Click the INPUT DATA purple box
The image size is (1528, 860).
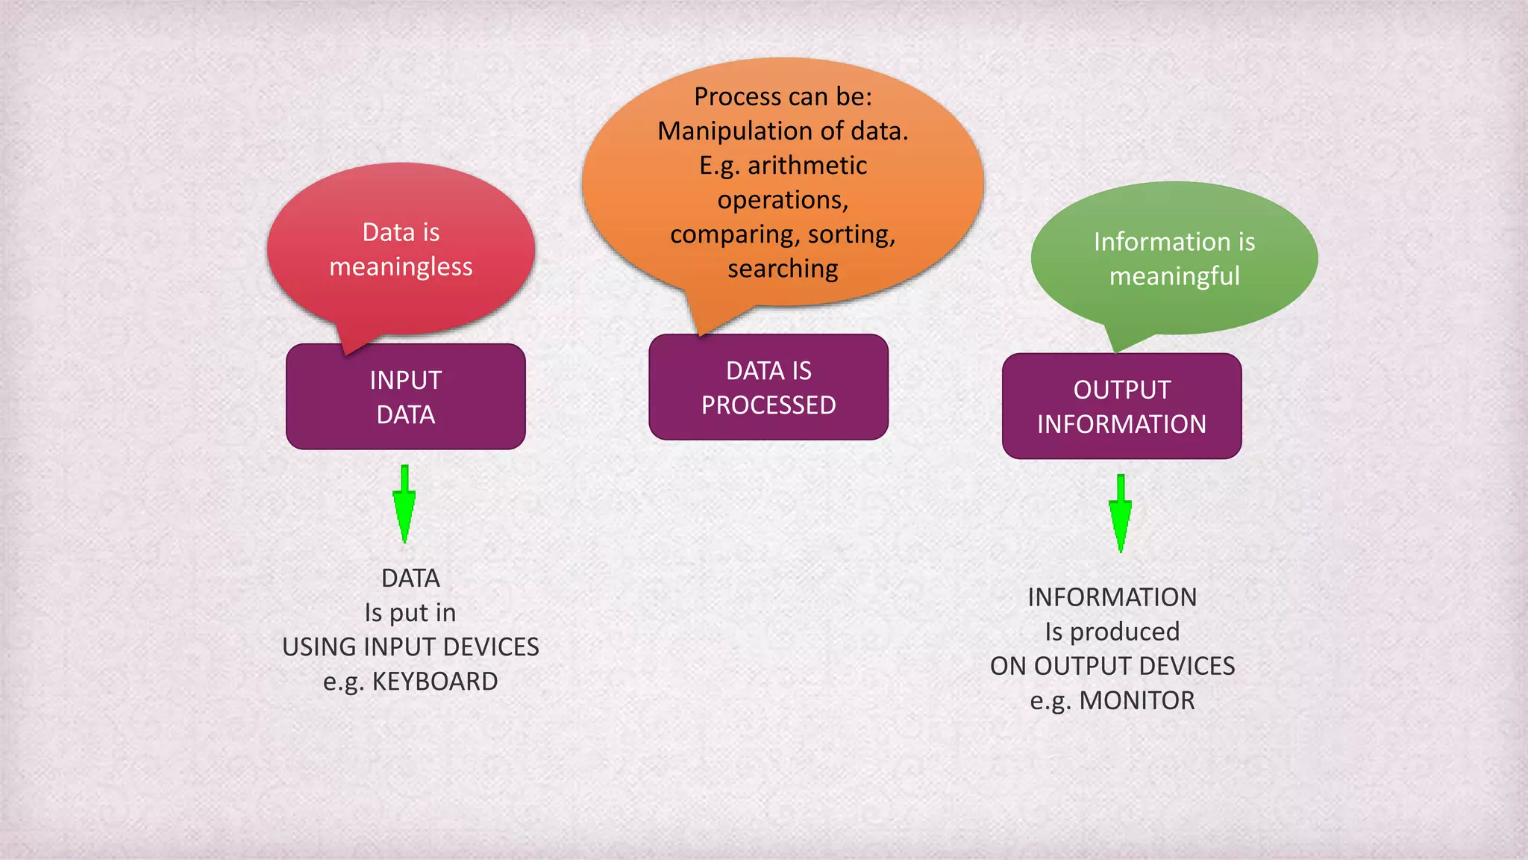[405, 396]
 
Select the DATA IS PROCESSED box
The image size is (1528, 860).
[768, 387]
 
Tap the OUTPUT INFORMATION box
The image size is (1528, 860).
[1121, 406]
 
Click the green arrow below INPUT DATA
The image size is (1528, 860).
[404, 505]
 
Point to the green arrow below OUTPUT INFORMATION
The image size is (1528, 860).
[1120, 514]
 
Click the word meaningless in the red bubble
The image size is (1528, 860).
[401, 267]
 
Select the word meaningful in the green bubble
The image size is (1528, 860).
[1174, 276]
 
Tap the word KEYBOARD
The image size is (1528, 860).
[434, 682]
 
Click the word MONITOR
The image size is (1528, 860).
[1136, 701]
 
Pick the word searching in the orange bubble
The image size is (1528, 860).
[783, 269]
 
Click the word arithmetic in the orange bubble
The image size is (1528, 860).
[807, 166]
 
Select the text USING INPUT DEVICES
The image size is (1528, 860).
[410, 647]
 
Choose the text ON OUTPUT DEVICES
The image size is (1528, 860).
[1112, 666]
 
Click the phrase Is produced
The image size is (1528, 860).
[1112, 632]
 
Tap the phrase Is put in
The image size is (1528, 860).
[410, 613]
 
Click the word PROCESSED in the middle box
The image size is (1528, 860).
[768, 405]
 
